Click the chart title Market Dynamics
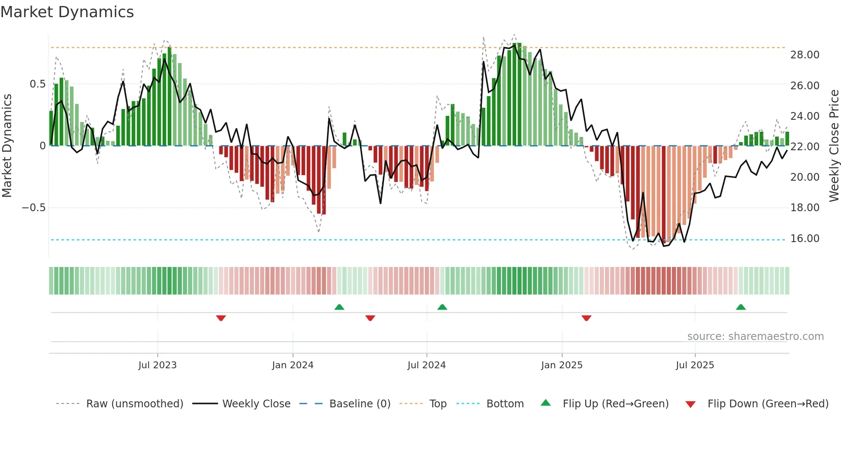[x=67, y=12]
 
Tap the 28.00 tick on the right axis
[x=805, y=55]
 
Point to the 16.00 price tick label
[x=805, y=239]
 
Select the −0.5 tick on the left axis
[x=33, y=208]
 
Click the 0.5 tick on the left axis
[x=37, y=84]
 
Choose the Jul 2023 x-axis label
[x=157, y=365]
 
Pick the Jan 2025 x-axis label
[x=561, y=365]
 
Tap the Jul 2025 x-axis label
[x=695, y=365]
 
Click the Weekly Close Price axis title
[x=834, y=146]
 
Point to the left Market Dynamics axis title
[x=7, y=146]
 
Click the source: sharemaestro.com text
[x=755, y=337]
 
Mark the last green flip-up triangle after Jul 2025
[x=741, y=307]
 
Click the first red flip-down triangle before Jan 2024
[x=221, y=318]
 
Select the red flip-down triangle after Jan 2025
[x=586, y=318]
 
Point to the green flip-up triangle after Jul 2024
[x=442, y=307]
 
